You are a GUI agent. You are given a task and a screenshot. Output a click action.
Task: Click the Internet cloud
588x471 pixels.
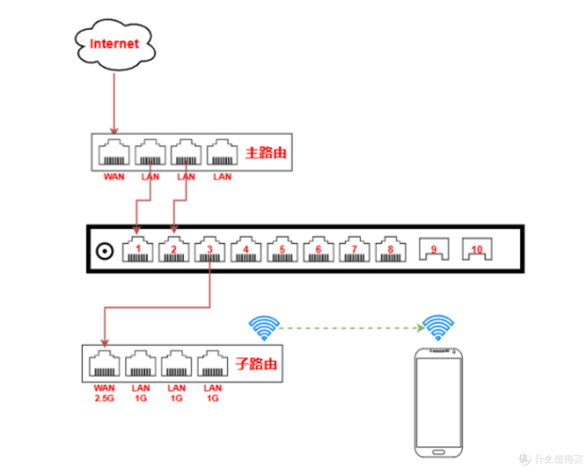115,44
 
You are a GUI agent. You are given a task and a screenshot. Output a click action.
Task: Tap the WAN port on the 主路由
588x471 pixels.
114,153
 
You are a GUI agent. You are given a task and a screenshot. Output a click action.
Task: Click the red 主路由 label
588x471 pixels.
266,153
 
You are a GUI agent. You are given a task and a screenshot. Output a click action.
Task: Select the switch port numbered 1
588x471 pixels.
138,249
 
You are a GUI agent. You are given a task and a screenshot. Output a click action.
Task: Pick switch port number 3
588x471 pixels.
209,249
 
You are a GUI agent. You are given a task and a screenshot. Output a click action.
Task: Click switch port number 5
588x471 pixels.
283,249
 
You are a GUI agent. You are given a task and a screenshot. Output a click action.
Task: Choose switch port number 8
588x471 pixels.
390,249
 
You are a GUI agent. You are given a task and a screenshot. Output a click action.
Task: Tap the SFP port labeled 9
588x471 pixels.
433,249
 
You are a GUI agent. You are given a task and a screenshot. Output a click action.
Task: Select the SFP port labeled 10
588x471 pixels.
477,249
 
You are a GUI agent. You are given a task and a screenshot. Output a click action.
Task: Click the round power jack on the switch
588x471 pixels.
105,252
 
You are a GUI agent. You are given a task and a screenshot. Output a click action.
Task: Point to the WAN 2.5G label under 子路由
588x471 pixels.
105,393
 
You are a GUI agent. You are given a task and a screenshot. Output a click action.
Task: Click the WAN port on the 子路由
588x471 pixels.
105,364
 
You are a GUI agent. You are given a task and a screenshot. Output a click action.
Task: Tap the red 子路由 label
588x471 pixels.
256,365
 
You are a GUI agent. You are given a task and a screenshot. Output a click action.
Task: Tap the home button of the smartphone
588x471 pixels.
438,452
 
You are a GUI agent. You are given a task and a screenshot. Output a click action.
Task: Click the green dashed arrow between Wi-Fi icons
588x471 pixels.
351,328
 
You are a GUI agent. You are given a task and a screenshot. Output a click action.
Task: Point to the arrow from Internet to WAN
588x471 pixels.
114,104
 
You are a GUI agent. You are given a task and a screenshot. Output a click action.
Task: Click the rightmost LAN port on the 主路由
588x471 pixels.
222,153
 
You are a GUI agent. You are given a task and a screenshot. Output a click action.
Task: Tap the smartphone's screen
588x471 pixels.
438,402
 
